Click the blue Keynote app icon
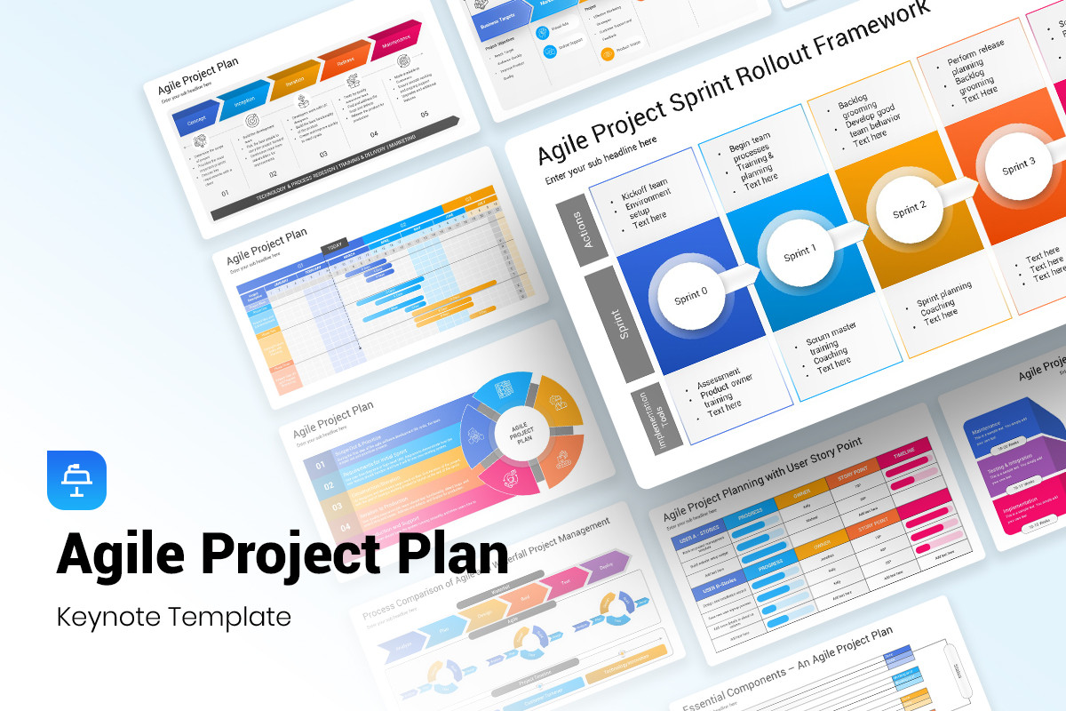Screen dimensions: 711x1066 coord(76,481)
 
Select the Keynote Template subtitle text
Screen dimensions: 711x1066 coord(173,616)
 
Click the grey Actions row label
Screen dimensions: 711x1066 coord(582,228)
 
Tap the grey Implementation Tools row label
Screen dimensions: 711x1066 coord(658,416)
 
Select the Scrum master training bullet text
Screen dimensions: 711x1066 coord(831,348)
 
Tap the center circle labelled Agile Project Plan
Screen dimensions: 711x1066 coord(521,433)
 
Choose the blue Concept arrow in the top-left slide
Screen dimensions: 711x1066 coord(197,118)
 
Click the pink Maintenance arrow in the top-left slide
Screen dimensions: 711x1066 coord(396,41)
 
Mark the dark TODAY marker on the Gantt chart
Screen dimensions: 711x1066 coord(335,247)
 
